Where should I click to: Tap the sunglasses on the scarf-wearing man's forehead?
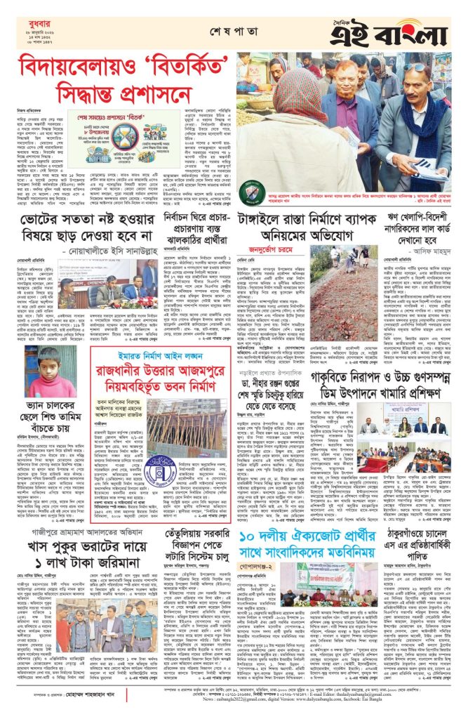(x=415, y=67)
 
